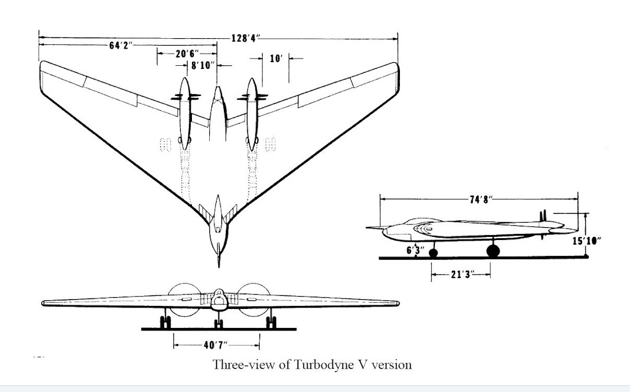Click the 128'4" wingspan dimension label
(x=245, y=38)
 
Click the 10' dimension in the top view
(x=276, y=58)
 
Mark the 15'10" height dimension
(x=586, y=241)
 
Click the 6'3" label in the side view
(x=415, y=250)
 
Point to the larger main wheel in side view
(x=493, y=250)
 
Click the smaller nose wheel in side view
(x=434, y=252)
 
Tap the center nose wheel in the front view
(x=218, y=323)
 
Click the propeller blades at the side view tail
(x=543, y=217)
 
